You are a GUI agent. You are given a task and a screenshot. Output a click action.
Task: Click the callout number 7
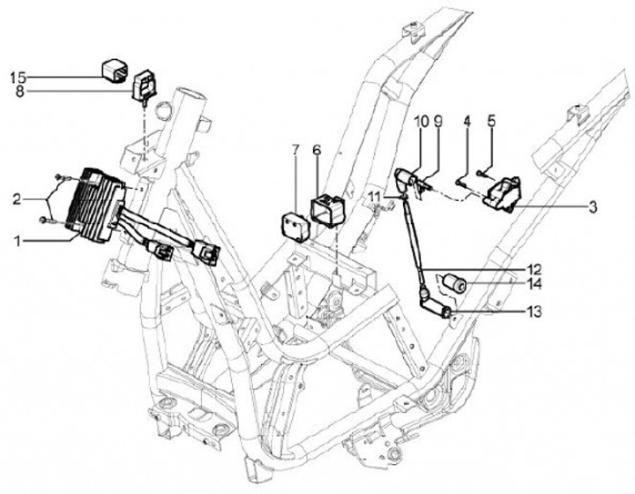(296, 150)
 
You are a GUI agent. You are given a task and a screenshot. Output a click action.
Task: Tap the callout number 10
(419, 120)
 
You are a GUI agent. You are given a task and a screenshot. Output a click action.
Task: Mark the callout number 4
(467, 120)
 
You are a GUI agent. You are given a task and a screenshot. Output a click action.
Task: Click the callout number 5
(492, 120)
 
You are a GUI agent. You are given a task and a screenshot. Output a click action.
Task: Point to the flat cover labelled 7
(296, 222)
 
